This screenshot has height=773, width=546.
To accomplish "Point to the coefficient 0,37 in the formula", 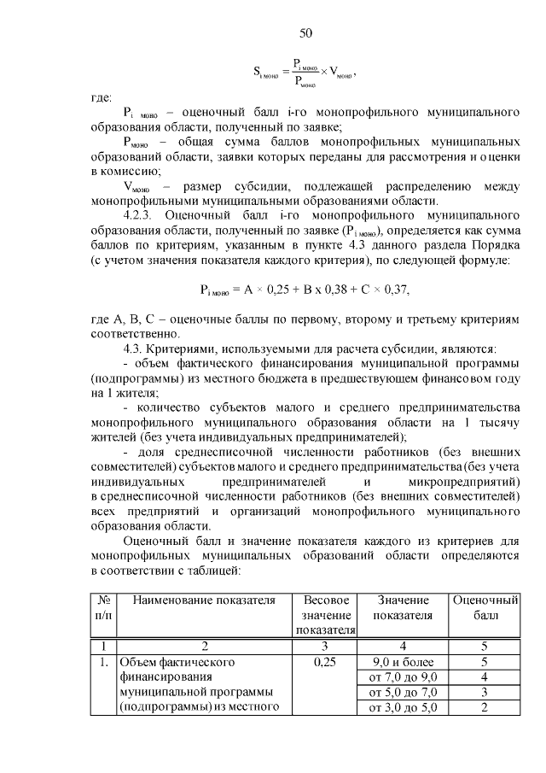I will point(392,290).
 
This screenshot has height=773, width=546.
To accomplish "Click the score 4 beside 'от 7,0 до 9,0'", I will point(485,677).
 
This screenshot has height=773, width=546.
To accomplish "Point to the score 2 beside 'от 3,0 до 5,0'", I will point(485,707).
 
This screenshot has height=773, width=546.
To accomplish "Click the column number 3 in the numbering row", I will point(324,646).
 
